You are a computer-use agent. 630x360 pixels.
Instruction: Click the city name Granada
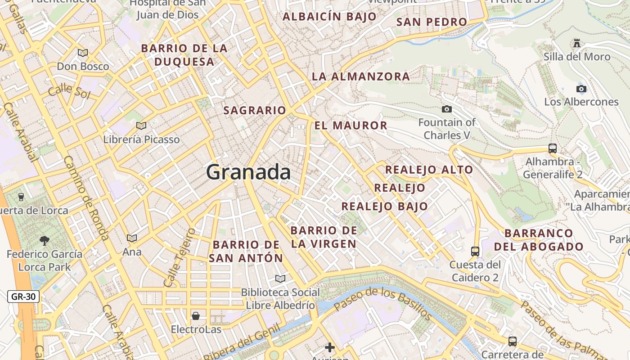(248, 172)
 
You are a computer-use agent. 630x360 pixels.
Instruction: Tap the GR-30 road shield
(23, 297)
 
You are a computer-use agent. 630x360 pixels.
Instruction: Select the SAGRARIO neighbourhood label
(255, 110)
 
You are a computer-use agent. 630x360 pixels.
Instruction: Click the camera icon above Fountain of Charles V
(447, 109)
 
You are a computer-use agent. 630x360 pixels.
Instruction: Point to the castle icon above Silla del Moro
(576, 43)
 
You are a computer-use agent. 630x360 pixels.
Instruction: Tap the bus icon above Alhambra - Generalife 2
(552, 148)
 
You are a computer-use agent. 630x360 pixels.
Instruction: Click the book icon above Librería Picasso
(141, 126)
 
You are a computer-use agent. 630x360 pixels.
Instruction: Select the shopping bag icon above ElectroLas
(196, 316)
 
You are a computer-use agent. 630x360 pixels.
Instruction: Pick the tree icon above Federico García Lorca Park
(44, 241)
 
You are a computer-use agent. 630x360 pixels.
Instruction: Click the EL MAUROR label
(351, 126)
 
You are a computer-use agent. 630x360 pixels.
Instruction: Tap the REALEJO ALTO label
(429, 170)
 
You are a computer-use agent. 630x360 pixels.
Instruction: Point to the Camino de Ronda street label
(85, 198)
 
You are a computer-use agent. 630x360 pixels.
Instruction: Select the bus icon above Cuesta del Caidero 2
(475, 251)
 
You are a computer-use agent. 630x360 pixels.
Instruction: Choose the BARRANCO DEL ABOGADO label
(539, 240)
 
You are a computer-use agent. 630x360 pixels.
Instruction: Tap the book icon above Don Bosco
(83, 53)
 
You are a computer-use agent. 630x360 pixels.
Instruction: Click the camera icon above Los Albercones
(581, 89)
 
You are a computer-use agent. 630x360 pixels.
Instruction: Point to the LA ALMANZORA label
(361, 76)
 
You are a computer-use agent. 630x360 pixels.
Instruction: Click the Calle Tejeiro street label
(179, 258)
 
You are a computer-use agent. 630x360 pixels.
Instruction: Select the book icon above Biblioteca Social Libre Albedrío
(280, 279)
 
